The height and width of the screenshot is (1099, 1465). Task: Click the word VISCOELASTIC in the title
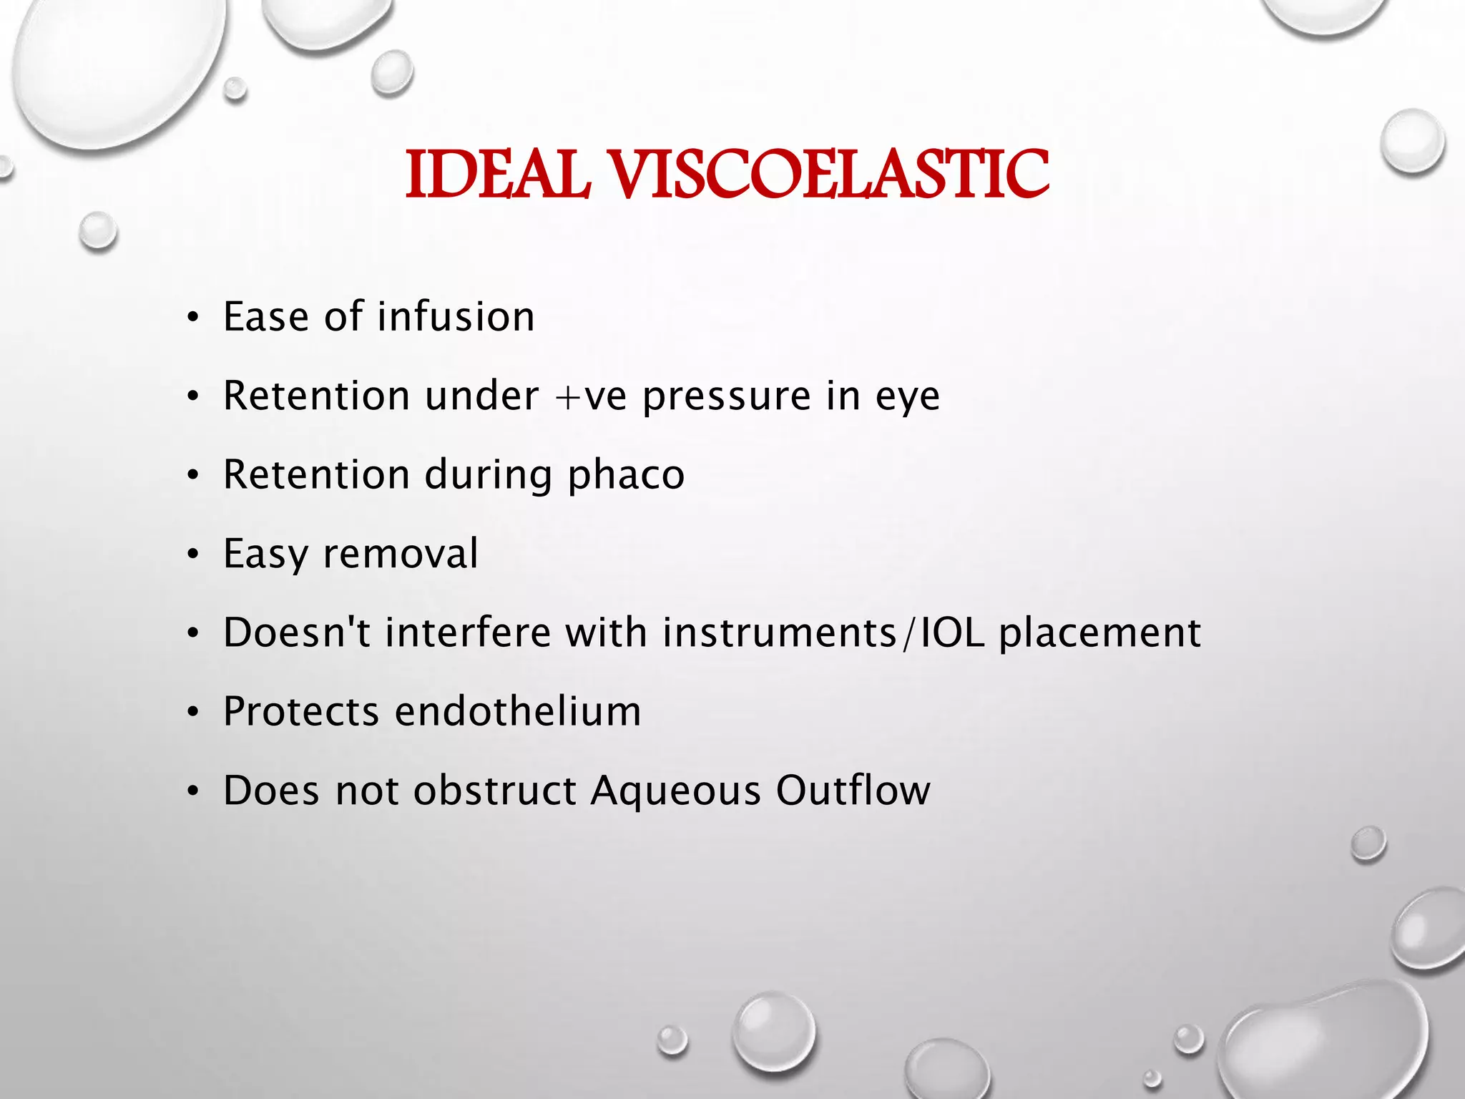point(831,175)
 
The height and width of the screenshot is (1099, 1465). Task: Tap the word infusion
point(456,317)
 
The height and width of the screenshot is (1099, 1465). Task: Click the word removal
point(401,554)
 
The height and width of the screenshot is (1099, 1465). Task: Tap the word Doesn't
point(296,632)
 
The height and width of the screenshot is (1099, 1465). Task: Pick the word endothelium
point(518,711)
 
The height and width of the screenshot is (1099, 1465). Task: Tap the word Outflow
point(853,790)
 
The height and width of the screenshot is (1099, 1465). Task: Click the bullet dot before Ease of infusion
point(192,319)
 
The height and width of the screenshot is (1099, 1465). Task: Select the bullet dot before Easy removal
point(192,556)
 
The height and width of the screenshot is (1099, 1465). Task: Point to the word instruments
point(779,632)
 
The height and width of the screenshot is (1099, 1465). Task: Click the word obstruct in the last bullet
point(494,790)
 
